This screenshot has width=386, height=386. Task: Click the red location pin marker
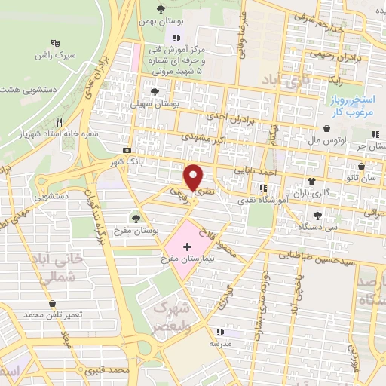coord(194,176)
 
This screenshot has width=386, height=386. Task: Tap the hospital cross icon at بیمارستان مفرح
coord(187,247)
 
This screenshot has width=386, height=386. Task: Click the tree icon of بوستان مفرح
coord(136,219)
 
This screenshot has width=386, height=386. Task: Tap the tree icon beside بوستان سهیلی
coord(155,93)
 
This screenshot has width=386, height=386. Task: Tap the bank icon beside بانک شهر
coord(127,151)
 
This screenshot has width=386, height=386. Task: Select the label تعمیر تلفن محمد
coord(53,314)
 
